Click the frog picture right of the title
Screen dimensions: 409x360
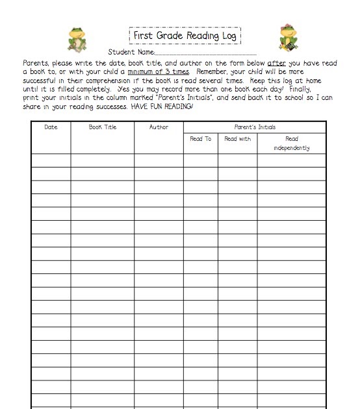[x=287, y=38]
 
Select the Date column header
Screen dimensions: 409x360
[x=51, y=127]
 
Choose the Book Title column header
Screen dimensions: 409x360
[x=103, y=127]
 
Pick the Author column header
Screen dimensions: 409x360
[x=159, y=127]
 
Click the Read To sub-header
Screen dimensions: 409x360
[x=200, y=139]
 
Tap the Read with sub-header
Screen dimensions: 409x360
[x=237, y=139]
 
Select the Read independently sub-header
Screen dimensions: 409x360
[x=292, y=143]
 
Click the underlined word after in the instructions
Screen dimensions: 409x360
[x=276, y=63]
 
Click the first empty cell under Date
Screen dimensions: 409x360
[x=51, y=160]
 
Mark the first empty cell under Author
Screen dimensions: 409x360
[x=159, y=160]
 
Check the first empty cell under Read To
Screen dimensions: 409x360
[x=200, y=160]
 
